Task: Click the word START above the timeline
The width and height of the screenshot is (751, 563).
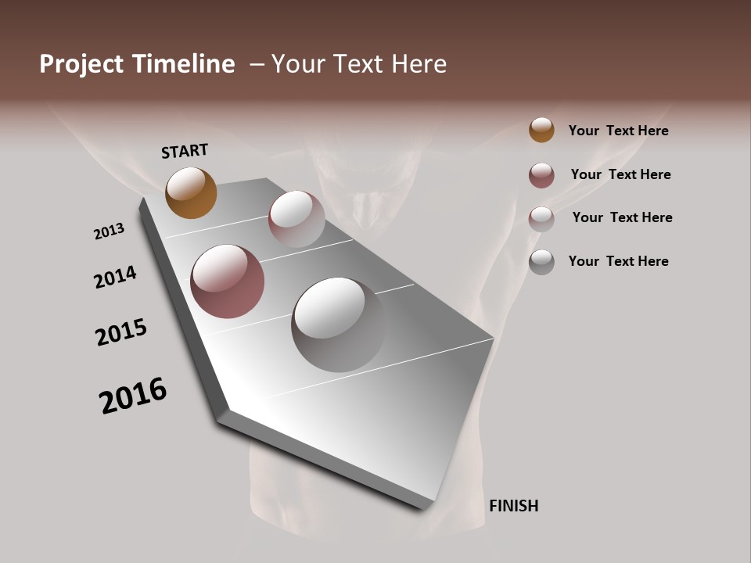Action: [x=185, y=151]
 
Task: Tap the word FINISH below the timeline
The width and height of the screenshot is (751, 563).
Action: [x=513, y=506]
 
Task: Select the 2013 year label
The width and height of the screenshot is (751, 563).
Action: [x=109, y=231]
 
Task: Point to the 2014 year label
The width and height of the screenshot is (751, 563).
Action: [x=115, y=277]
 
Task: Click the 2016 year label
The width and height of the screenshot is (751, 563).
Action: [x=133, y=396]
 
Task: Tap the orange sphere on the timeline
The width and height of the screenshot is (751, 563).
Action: [x=191, y=192]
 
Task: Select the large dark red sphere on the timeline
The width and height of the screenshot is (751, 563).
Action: [x=227, y=281]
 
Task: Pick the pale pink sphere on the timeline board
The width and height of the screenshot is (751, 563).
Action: [x=296, y=219]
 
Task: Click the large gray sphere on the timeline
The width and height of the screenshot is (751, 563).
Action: [x=339, y=324]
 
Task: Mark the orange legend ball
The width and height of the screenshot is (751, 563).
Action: [x=541, y=130]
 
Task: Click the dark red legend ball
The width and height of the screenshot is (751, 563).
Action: [x=541, y=175]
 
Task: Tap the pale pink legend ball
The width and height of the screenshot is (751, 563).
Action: [x=541, y=218]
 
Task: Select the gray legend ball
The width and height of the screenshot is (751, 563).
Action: [x=541, y=261]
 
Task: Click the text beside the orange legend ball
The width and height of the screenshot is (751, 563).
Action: [x=618, y=131]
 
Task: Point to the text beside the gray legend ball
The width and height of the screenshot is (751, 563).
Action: [x=618, y=261]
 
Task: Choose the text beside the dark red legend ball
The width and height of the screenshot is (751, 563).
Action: [x=620, y=174]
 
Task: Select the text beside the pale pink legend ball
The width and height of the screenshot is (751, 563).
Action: [x=622, y=217]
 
